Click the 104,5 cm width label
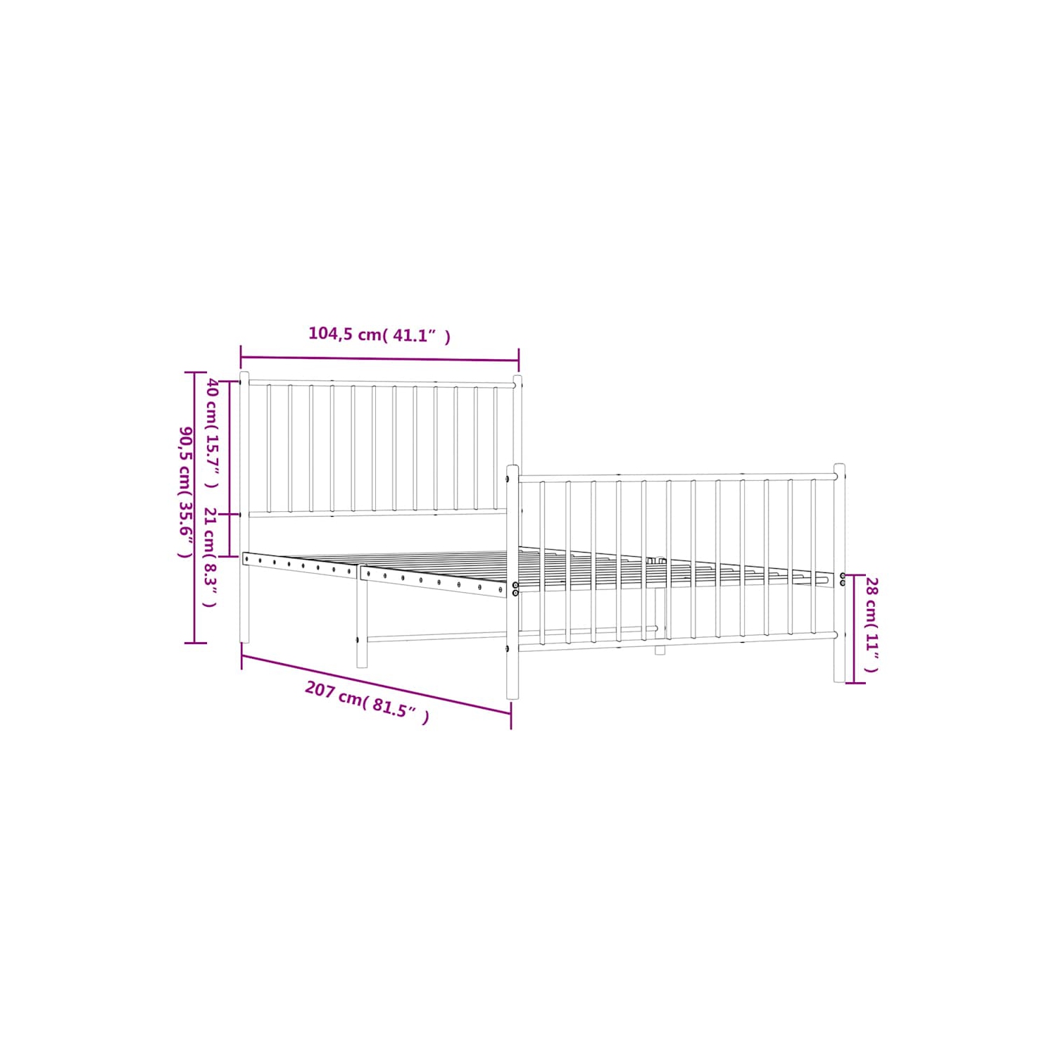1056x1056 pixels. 379,334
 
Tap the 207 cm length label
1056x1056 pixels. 367,702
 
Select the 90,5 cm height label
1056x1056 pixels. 185,491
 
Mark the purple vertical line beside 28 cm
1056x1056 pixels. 854,629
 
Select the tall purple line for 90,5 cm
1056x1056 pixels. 195,507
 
